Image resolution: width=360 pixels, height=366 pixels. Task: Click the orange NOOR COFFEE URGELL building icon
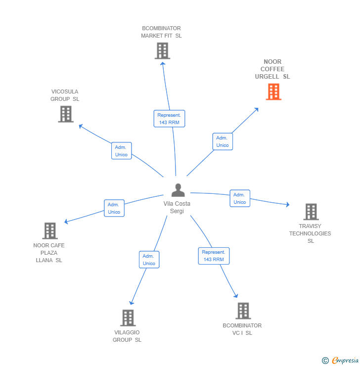[x=273, y=91]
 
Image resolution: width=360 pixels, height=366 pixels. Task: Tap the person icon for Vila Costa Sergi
[x=178, y=190]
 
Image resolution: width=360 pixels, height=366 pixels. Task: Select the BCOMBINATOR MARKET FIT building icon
[x=162, y=50]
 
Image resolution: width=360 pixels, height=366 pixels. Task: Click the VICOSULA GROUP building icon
[x=66, y=114]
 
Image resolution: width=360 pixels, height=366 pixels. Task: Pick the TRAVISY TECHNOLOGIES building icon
[x=311, y=212]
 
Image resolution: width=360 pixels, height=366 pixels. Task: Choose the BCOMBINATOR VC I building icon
[x=243, y=311]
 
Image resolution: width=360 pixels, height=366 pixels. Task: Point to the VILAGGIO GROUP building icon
[x=128, y=318]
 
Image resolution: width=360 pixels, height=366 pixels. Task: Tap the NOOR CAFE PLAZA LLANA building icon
[x=50, y=230]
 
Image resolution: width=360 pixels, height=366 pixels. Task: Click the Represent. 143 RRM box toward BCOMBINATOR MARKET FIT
[x=169, y=119]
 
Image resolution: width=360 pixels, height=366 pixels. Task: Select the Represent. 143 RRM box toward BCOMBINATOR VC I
[x=214, y=256]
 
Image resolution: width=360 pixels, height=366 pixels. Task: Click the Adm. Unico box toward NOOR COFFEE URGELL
[x=223, y=141]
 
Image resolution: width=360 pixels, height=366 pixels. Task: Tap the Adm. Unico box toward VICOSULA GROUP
[x=121, y=151]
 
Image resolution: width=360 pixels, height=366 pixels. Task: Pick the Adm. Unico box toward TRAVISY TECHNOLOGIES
[x=240, y=198]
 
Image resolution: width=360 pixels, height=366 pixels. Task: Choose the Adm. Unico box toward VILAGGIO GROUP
[x=149, y=260]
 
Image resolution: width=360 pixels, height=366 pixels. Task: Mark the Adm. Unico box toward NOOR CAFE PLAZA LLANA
[x=114, y=208]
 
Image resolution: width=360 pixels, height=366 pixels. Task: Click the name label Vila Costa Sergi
[x=177, y=207]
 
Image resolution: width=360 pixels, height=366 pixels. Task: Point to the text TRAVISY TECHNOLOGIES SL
[x=310, y=233]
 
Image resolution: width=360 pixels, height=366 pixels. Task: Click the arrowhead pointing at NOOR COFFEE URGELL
[x=256, y=110]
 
